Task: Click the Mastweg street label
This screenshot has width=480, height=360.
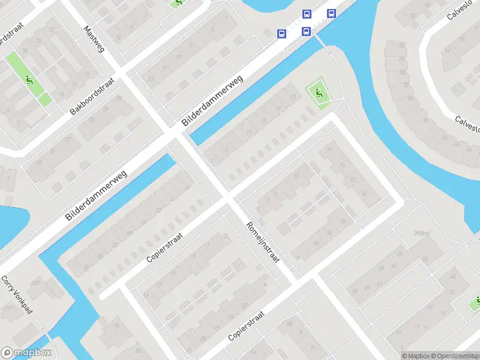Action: [94, 38]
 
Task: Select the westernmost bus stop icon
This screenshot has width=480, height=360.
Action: [281, 34]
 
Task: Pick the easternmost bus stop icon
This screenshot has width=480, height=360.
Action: [331, 13]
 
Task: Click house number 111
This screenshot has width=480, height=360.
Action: [9, 308]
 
